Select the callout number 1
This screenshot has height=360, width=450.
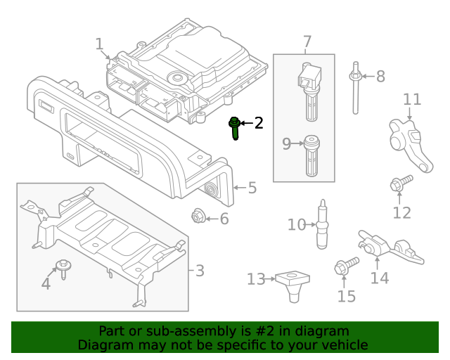coord(100,44)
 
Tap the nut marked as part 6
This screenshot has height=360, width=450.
coord(198,217)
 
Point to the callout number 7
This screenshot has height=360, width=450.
coord(307,42)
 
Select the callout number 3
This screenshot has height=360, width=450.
coord(200,270)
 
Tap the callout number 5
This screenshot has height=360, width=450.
coord(252,188)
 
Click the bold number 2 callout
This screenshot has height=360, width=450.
coord(259,124)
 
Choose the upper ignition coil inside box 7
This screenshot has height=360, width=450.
coord(309,88)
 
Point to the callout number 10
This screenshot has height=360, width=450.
coord(297,225)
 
